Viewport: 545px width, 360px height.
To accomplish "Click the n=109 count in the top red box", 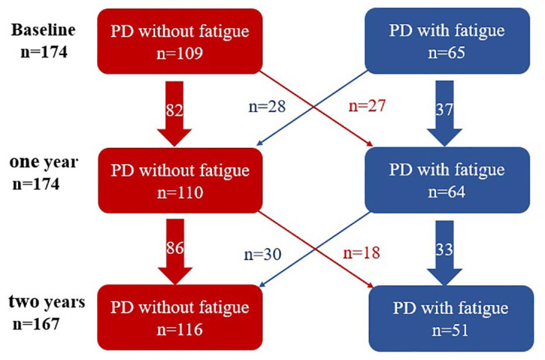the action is (x=180, y=53).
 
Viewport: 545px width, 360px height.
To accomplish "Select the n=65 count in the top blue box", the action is (x=446, y=52).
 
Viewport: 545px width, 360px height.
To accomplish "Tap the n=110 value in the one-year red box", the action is (x=180, y=193).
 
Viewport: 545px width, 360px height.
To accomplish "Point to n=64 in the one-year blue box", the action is (x=446, y=192).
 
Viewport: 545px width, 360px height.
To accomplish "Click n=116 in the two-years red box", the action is (x=180, y=329).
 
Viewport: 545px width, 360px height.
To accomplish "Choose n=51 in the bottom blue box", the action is (x=450, y=330).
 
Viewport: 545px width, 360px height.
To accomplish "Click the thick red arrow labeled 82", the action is (x=175, y=114).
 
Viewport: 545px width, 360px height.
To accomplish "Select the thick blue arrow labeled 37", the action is (x=444, y=114).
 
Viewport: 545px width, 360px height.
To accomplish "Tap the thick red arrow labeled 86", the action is (x=175, y=252).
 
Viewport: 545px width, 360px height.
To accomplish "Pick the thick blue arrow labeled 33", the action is (x=444, y=253).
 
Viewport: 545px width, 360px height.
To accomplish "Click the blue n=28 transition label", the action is (x=267, y=107).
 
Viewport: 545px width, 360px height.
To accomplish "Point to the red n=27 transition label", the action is (x=367, y=105).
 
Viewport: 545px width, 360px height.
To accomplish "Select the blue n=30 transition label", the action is (x=263, y=255).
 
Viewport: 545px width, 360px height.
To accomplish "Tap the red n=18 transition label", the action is (x=361, y=253).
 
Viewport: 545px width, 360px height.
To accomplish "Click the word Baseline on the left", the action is (x=43, y=30).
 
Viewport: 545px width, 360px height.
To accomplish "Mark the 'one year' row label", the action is (x=44, y=162).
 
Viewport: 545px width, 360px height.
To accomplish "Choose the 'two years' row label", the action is (x=47, y=302).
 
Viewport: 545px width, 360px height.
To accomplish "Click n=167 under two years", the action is (x=36, y=324).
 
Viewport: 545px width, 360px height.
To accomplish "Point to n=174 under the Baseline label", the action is (x=44, y=52).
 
